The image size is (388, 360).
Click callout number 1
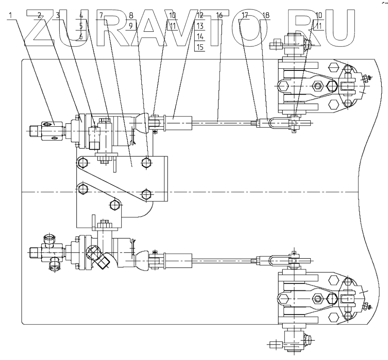pos(10,15)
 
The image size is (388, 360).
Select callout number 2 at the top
pos(40,15)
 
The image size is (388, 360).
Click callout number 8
pos(131,15)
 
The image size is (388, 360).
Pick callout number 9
pos(131,26)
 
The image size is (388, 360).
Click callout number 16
pos(219,15)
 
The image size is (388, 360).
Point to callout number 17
pos(245,15)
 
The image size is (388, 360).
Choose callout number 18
pos(265,15)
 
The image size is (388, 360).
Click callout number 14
pos(199,37)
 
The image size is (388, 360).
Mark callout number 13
pos(199,26)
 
